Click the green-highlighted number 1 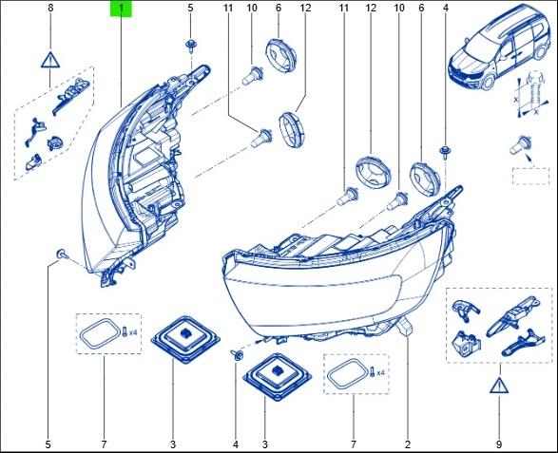(x=121, y=9)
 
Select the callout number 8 (x=50, y=8)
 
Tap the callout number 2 (x=408, y=444)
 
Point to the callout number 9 (x=498, y=444)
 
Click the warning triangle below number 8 (x=50, y=60)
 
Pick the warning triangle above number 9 (x=499, y=385)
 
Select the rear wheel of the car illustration (x=540, y=52)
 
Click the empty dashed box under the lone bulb (x=530, y=177)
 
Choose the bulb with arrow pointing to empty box (x=520, y=145)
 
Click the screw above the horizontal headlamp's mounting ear (x=445, y=151)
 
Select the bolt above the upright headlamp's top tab (x=191, y=47)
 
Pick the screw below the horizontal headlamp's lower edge (x=237, y=354)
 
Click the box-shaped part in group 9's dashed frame (x=466, y=343)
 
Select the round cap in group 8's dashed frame (x=55, y=143)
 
